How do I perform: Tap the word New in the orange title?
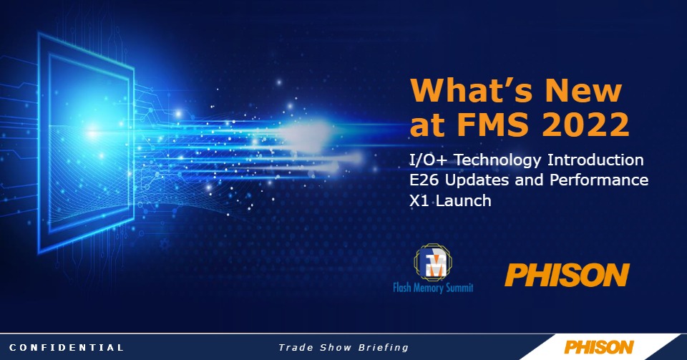[x=584, y=90]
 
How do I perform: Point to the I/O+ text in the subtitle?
[x=428, y=160]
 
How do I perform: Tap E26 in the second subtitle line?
[x=422, y=180]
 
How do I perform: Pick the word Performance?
[x=599, y=180]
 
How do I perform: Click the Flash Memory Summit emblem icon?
[x=434, y=263]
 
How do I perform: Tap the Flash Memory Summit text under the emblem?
[x=433, y=288]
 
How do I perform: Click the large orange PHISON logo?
[x=567, y=275]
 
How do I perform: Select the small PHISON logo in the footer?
[x=599, y=347]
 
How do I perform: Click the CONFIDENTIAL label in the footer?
[x=67, y=348]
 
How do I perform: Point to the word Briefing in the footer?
[x=384, y=348]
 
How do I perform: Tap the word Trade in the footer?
[x=296, y=348]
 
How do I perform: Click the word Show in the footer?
[x=336, y=348]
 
